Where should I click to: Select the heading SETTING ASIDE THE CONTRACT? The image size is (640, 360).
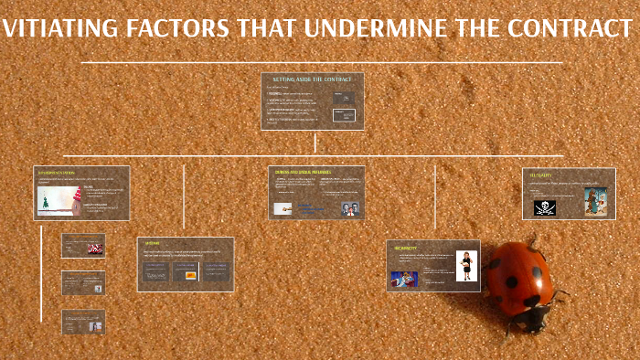coord(312,79)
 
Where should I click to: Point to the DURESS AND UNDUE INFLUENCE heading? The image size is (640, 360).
coord(303,171)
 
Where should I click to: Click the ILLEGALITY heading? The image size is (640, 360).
coord(540,173)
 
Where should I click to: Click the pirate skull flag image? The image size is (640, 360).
coord(545,207)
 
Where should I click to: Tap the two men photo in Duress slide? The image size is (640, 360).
coord(348,207)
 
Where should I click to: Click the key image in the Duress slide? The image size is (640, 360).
coord(286,208)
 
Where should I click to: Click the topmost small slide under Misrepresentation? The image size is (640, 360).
coord(83,246)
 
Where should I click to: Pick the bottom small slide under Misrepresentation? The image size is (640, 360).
coord(83,322)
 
